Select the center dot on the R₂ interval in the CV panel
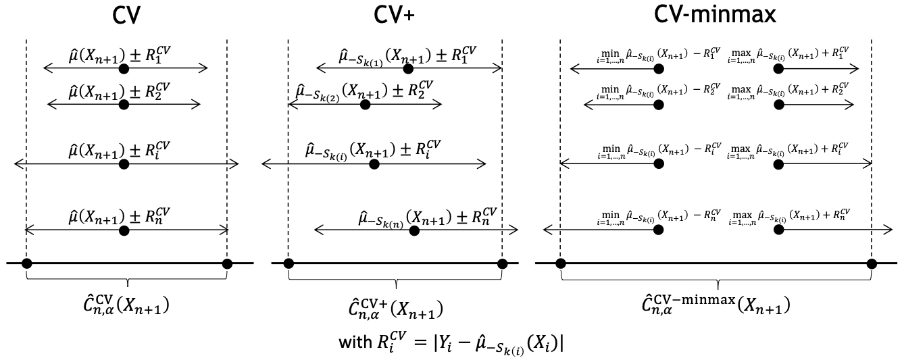[123, 104]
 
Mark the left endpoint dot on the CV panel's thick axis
[26, 263]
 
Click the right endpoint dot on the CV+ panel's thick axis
[501, 263]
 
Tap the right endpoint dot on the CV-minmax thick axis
[872, 263]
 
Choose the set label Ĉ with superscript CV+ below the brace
[396, 310]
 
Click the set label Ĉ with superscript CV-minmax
[716, 305]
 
